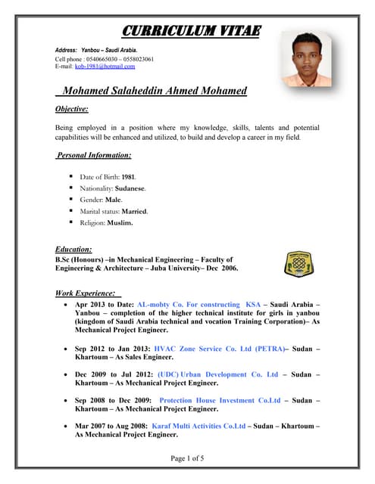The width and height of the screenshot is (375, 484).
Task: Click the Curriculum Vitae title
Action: pos(191,31)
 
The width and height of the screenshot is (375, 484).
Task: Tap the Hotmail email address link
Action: pos(105,67)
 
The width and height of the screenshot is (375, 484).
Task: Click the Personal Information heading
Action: pos(94,155)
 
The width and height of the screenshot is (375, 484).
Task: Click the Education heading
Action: pos(74,249)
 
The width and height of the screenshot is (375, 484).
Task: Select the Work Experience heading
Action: pos(86,293)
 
